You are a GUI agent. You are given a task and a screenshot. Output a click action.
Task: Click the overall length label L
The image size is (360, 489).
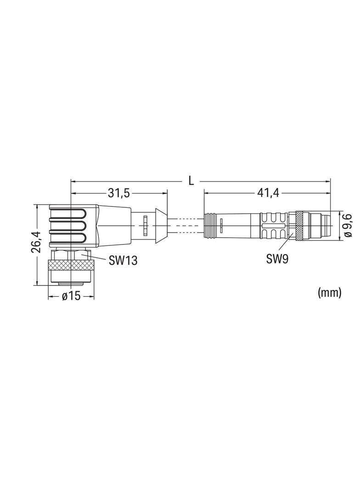(191, 181)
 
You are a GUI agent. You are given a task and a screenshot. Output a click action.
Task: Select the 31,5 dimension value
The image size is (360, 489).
(118, 194)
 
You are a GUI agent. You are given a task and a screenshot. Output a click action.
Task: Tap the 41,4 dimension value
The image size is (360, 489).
(268, 194)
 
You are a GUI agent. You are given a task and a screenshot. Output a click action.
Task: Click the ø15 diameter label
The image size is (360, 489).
(72, 296)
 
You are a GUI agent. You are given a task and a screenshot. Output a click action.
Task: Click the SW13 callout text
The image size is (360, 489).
(123, 260)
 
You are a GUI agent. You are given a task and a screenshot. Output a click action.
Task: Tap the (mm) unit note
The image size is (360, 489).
(329, 292)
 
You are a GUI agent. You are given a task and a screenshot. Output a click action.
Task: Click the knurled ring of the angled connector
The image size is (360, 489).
(71, 265)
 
